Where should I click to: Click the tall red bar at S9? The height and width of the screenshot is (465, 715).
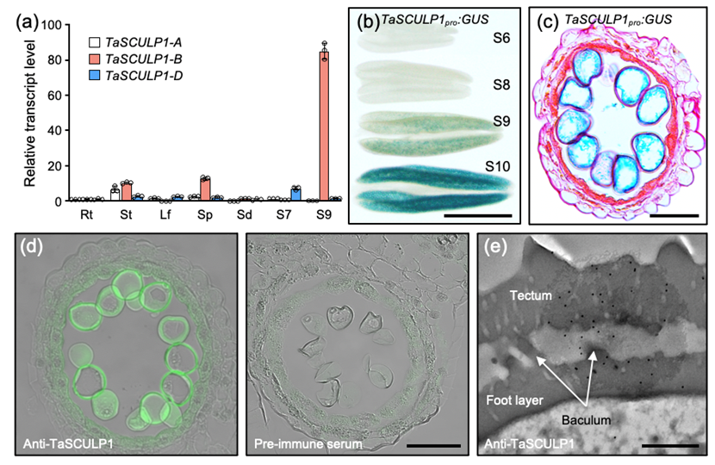pyautogui.click(x=324, y=129)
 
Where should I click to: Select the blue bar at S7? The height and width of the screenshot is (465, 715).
pyautogui.click(x=295, y=194)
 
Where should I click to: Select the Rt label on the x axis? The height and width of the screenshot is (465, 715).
pyautogui.click(x=86, y=214)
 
